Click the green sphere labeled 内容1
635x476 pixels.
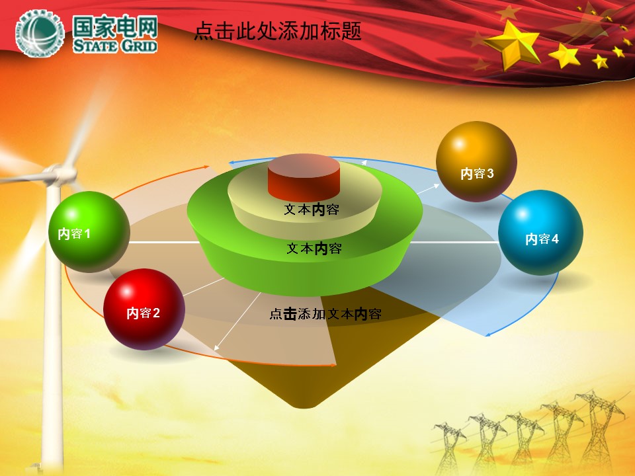point(89,231)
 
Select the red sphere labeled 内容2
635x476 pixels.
point(144,309)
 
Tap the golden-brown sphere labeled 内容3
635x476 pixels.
point(476,161)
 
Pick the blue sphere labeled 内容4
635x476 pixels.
point(540,233)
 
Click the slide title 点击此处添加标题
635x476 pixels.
point(278,31)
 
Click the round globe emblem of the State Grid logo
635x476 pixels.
point(40,33)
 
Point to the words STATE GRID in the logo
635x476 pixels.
point(115,46)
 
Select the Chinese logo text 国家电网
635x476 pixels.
point(115,26)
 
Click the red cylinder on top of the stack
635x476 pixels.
point(304,177)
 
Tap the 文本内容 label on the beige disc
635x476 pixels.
point(312,210)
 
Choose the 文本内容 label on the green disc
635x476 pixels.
point(314,248)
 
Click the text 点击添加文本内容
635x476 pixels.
point(325,313)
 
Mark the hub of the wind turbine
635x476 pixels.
point(61,174)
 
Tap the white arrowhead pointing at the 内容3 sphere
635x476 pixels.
point(436,186)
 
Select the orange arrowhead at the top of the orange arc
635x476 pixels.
point(206,167)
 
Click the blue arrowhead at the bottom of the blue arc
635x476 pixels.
point(488,335)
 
